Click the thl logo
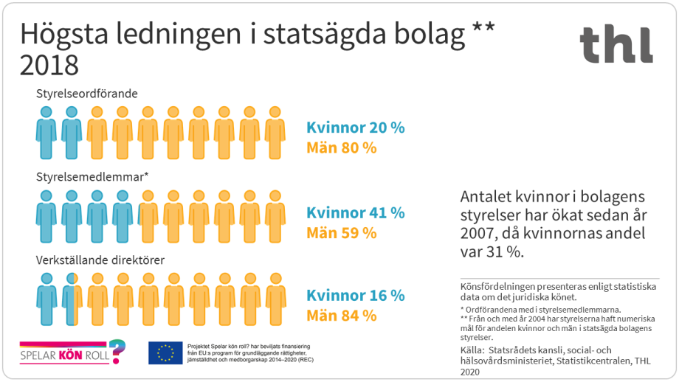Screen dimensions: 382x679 [616, 44]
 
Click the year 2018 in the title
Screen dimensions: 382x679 [49, 66]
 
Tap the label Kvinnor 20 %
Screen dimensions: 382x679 [355, 128]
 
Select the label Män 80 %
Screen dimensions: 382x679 [341, 147]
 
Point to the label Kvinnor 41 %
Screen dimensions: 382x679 [355, 213]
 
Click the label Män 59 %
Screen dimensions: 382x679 [341, 233]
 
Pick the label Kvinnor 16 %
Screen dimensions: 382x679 [355, 296]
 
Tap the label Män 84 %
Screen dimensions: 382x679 [341, 316]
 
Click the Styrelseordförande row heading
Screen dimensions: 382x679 [87, 94]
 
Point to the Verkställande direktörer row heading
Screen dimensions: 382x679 [100, 260]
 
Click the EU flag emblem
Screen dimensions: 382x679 [165, 353]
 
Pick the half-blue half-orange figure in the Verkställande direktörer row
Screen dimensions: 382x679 [72, 299]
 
